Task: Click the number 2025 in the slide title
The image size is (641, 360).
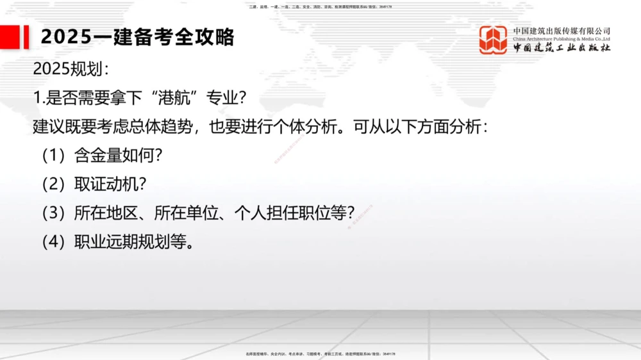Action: [67, 37]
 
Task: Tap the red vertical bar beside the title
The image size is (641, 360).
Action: [26, 37]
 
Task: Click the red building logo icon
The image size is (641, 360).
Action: [493, 40]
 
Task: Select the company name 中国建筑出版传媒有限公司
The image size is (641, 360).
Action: [562, 31]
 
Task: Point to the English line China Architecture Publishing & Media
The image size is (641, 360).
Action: [562, 39]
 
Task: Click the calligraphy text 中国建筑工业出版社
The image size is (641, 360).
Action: [562, 49]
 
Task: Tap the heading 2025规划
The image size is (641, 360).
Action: [71, 69]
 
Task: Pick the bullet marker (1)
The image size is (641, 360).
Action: [54, 156]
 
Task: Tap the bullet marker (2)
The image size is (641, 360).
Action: [54, 184]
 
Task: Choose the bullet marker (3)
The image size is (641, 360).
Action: [54, 213]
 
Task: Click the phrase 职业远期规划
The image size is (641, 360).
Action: [117, 243]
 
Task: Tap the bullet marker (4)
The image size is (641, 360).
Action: [54, 243]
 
